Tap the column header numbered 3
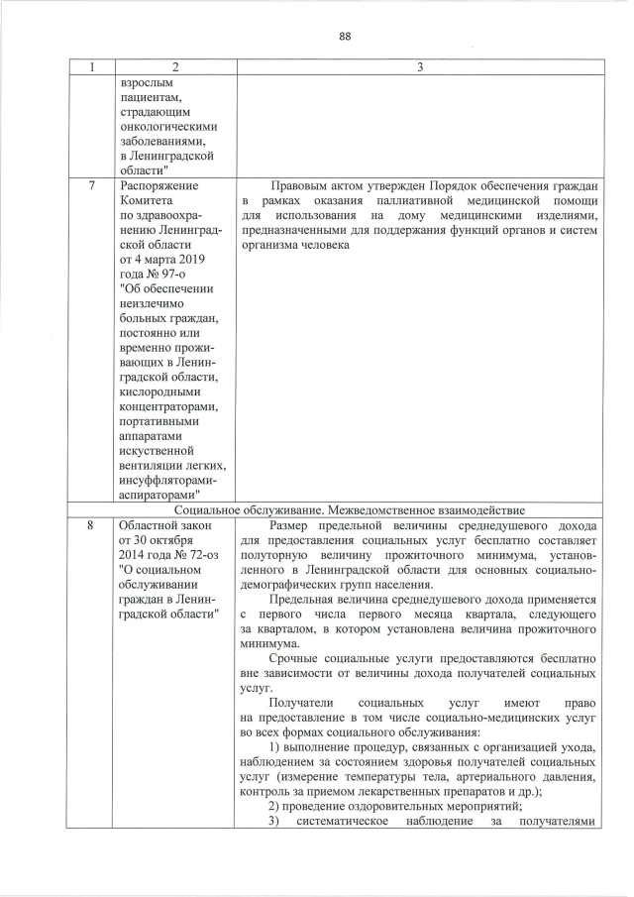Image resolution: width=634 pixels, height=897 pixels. tap(419, 67)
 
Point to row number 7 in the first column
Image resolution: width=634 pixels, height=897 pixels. tap(92, 185)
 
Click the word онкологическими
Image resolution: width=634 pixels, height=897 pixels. tap(167, 127)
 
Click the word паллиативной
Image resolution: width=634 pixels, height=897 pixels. tap(417, 202)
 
